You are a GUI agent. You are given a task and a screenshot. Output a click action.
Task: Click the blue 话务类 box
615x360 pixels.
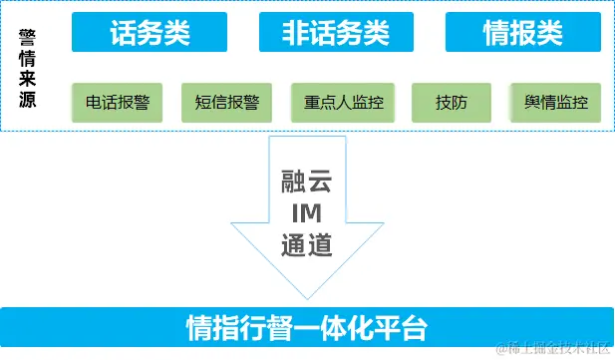(x=145, y=33)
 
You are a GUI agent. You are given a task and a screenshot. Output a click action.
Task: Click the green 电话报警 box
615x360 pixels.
(x=117, y=102)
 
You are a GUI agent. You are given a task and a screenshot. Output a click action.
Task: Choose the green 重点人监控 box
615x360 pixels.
(x=337, y=102)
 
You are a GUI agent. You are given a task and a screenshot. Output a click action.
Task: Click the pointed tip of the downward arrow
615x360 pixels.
(x=306, y=296)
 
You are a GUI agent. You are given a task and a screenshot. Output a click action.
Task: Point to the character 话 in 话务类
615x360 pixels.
(x=122, y=33)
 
